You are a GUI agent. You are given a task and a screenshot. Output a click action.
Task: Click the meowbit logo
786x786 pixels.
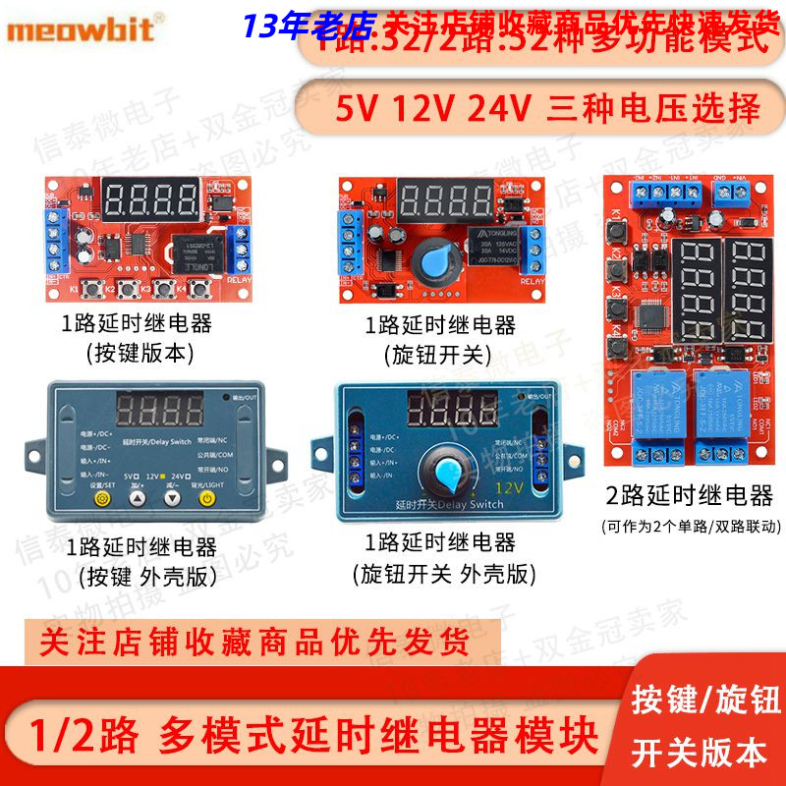pos(80,28)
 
